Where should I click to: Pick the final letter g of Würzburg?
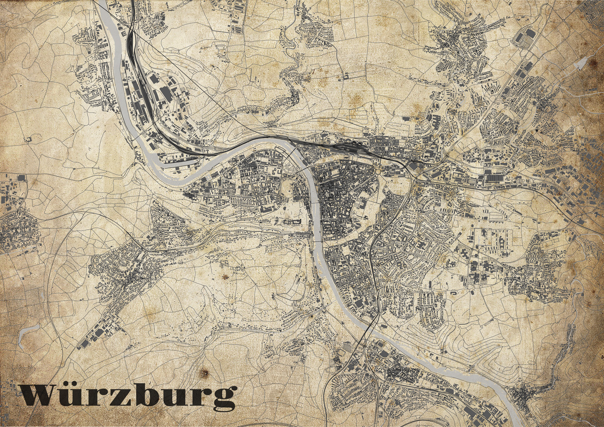[222, 398]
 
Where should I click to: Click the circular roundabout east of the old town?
[379, 172]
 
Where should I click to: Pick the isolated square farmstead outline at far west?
[28, 140]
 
